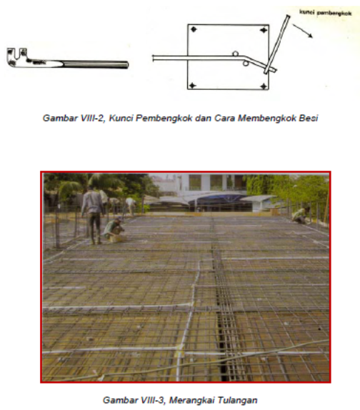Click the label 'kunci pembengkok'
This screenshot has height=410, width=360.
(325, 13)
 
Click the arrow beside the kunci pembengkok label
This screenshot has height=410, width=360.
(302, 31)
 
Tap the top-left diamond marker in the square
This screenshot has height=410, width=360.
(194, 29)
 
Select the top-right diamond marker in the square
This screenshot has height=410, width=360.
(264, 30)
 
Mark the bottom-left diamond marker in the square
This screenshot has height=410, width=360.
(193, 86)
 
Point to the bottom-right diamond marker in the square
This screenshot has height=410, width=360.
(264, 86)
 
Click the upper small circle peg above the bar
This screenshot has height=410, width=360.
(235, 54)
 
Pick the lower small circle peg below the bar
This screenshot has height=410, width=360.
(246, 64)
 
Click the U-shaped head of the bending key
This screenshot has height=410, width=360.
(16, 56)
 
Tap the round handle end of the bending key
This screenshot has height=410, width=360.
(126, 64)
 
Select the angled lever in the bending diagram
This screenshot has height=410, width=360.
(276, 44)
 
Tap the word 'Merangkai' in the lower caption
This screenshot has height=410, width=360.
(192, 400)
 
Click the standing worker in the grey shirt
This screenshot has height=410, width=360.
(92, 215)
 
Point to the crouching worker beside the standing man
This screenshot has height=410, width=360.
(114, 229)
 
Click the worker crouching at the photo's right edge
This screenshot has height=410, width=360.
(301, 216)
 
